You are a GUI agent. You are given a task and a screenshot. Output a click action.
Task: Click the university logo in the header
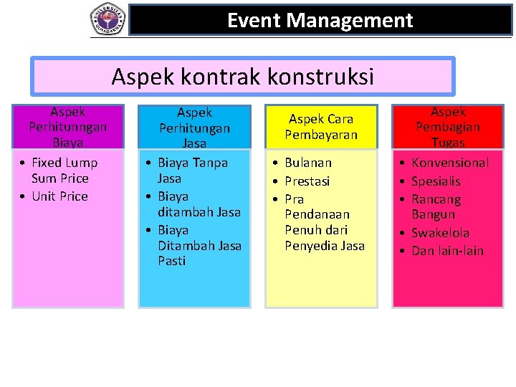[107, 19]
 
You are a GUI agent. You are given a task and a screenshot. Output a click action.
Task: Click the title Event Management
[320, 21]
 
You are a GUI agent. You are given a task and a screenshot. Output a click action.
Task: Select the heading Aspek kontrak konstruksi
[242, 77]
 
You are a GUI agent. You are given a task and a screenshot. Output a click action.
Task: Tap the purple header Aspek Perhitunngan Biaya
[68, 127]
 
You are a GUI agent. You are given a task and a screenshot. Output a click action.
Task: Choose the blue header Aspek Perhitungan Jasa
[194, 128]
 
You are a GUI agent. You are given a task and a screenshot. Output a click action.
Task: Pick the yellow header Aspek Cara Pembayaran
[320, 127]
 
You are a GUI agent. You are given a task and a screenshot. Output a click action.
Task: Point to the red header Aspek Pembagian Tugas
[448, 127]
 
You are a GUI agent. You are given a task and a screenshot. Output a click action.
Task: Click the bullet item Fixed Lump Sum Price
[64, 171]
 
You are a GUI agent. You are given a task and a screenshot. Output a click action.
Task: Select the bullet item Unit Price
[59, 196]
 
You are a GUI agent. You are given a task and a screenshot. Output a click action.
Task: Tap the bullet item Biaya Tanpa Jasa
[192, 171]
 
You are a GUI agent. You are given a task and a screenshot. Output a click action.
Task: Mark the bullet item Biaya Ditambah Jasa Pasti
[199, 245]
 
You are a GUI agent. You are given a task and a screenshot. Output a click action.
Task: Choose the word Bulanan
[308, 163]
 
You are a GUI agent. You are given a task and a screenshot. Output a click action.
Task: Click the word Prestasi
[307, 181]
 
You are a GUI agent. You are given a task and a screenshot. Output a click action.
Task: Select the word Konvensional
[450, 163]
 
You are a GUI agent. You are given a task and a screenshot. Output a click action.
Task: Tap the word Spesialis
[436, 181]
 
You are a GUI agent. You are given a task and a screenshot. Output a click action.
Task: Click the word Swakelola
[440, 233]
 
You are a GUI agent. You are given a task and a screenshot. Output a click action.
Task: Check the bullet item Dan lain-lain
[447, 251]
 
